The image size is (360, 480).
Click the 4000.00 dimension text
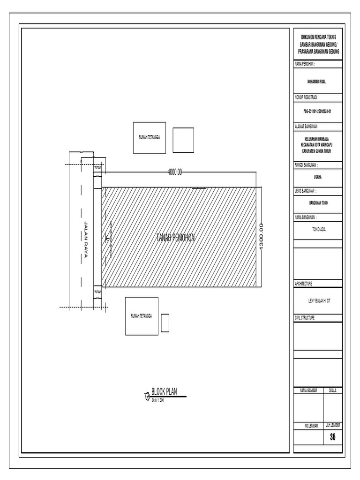click(174, 172)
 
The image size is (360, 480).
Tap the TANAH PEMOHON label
click(175, 238)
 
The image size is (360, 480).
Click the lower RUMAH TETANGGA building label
click(141, 316)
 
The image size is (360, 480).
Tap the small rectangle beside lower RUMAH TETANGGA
click(165, 323)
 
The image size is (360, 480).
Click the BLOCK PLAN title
click(164, 392)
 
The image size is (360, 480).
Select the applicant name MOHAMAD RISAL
click(317, 81)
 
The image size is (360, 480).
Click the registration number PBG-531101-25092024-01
click(317, 112)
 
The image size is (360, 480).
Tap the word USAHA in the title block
click(317, 177)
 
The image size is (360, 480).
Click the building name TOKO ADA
click(317, 230)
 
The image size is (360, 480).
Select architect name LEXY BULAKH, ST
click(317, 303)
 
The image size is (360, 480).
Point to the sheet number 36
click(333, 437)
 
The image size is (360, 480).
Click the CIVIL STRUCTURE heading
click(305, 317)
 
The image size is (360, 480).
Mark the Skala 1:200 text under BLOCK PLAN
click(157, 400)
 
